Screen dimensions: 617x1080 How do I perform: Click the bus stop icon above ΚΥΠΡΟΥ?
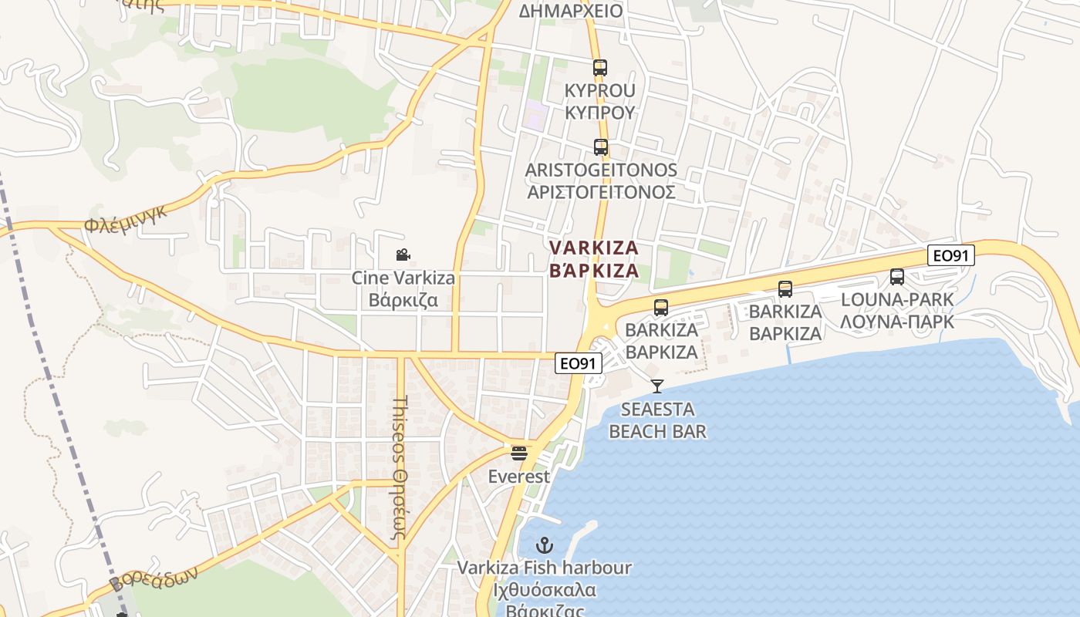(600, 68)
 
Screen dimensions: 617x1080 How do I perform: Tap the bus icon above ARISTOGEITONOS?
(600, 147)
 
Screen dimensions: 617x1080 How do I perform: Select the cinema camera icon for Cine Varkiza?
(403, 255)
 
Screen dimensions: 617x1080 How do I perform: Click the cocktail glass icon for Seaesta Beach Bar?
(657, 386)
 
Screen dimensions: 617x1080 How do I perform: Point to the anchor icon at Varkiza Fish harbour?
(545, 545)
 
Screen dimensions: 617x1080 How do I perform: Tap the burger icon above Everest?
(519, 453)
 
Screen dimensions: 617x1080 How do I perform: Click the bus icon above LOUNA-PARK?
(896, 276)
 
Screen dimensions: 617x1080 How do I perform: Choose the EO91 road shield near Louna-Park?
(950, 255)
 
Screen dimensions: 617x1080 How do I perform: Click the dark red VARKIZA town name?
(593, 248)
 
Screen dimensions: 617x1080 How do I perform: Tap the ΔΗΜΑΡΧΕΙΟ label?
(570, 11)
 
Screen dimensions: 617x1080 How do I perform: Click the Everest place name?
(519, 477)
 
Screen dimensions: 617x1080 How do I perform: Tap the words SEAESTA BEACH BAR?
(657, 420)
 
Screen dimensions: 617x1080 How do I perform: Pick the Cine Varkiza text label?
(403, 278)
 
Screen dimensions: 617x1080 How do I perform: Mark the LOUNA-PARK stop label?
(896, 299)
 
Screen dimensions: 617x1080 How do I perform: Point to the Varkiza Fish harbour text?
(545, 568)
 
